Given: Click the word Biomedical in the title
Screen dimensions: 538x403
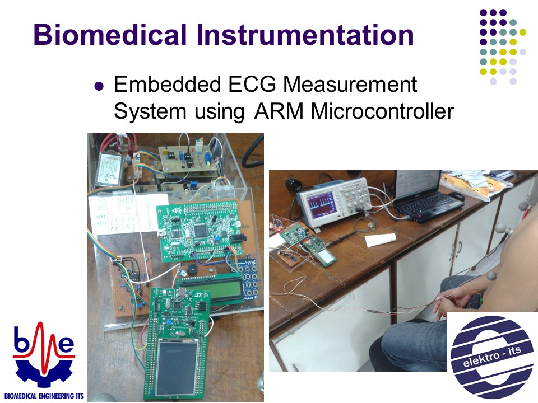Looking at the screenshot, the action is point(110,35).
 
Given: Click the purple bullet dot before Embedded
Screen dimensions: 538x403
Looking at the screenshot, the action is point(99,86).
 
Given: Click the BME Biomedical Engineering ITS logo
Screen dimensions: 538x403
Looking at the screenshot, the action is point(44,360).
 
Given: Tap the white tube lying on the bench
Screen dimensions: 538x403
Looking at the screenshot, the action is point(381,239).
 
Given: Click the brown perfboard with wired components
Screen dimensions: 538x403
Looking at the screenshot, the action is point(131,284).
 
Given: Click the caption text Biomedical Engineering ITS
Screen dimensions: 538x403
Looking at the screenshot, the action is point(44,396).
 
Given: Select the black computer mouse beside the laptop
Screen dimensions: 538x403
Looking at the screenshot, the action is point(456,196).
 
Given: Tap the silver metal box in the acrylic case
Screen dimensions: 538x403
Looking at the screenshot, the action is point(109,170).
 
